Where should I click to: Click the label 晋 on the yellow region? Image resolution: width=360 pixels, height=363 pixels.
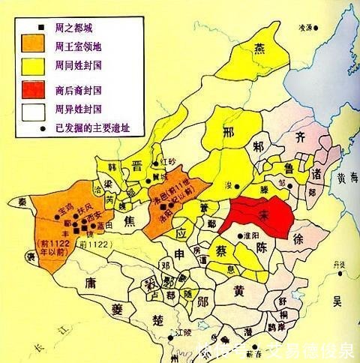(x=138, y=166)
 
